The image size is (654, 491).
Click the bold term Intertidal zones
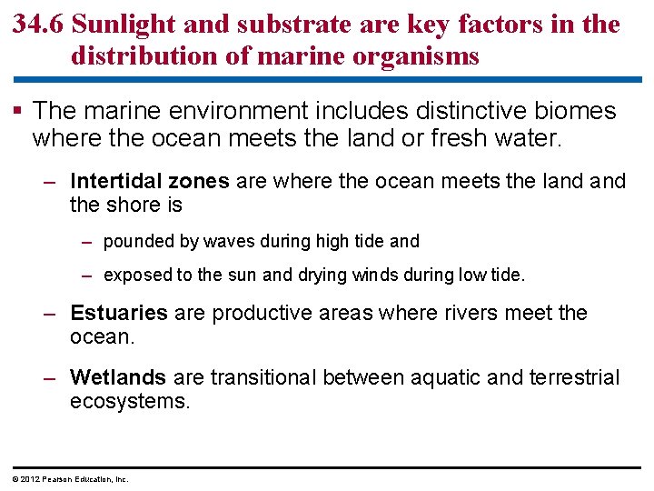[x=149, y=181]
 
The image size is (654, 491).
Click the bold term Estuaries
[x=118, y=314]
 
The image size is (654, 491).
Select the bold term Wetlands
[x=117, y=377]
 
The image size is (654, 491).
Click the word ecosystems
[x=130, y=401]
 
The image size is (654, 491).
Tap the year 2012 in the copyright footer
[x=25, y=478]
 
